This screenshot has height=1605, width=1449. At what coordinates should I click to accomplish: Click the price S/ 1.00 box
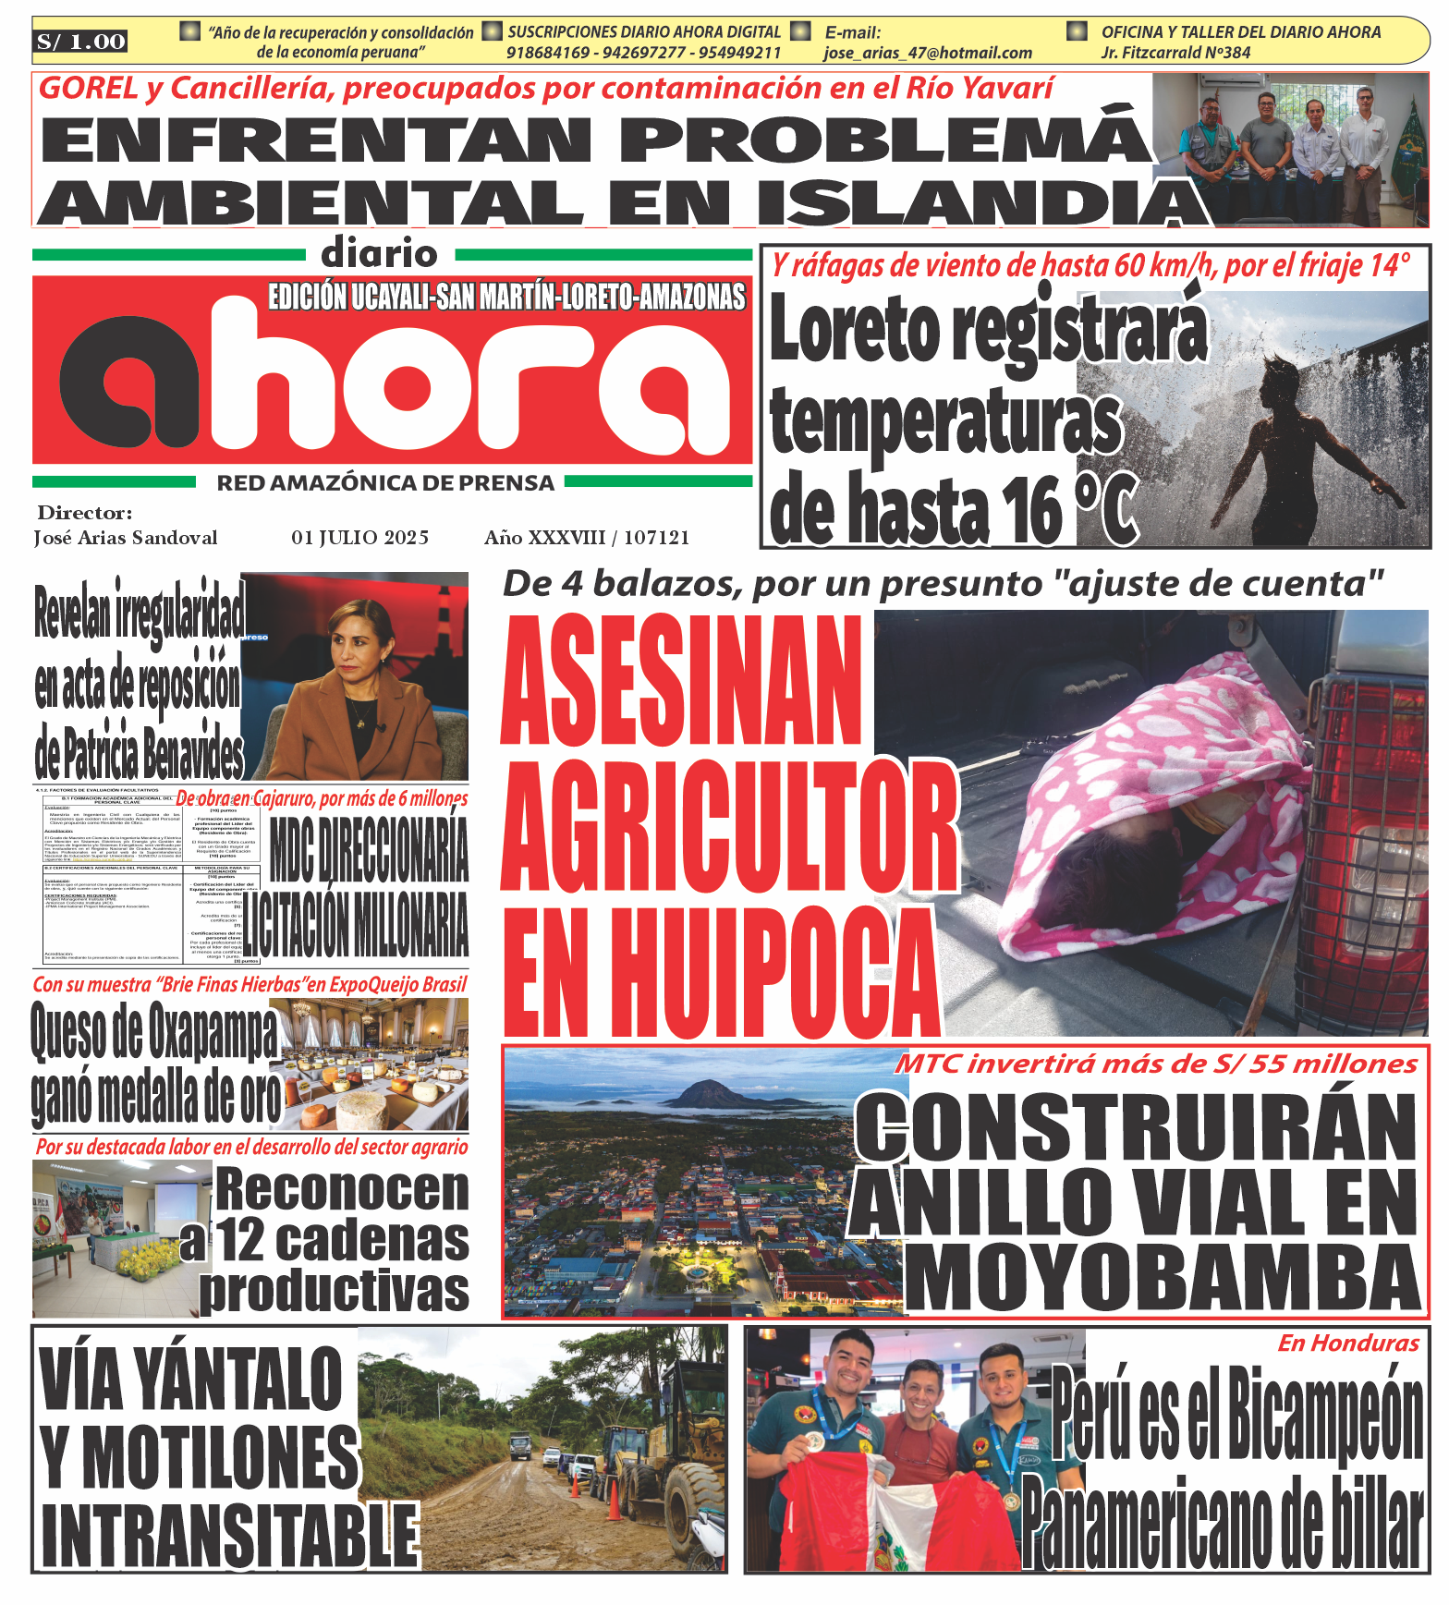click(80, 42)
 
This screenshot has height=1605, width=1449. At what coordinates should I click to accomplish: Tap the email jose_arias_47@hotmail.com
click(927, 54)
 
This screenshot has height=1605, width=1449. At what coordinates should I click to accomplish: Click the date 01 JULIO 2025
click(359, 538)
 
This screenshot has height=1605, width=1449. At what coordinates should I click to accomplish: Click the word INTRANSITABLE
click(229, 1534)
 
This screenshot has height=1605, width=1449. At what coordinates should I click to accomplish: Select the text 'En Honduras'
click(1347, 1344)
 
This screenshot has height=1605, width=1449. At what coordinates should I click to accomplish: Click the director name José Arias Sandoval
click(126, 538)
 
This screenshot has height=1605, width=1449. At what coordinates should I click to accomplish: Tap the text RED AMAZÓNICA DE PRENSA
click(385, 483)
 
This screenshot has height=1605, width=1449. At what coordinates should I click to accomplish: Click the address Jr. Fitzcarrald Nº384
click(1175, 54)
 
